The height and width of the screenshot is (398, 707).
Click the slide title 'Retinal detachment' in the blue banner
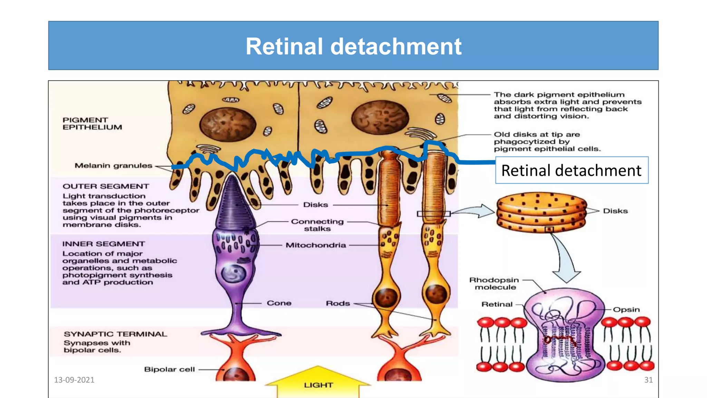[x=353, y=46]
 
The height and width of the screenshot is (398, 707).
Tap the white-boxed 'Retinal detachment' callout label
[x=571, y=170]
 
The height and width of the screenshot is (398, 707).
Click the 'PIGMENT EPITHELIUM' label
[x=92, y=124]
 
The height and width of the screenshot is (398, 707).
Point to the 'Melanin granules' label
[x=113, y=165]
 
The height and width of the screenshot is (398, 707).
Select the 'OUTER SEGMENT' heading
[x=106, y=186]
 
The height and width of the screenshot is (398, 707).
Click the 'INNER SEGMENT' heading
[x=104, y=244]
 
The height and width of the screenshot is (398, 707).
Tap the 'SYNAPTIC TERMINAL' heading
[x=115, y=334]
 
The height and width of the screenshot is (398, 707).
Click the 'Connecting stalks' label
[x=317, y=225]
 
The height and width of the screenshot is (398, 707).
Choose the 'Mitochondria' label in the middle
[x=316, y=245]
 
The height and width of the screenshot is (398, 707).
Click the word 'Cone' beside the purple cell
[x=279, y=303]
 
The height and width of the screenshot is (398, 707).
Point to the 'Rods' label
[x=338, y=303]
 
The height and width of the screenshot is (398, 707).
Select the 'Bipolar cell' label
[x=169, y=369]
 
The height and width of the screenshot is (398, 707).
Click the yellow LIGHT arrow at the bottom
[x=318, y=383]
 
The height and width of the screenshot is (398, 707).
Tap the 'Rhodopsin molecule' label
[x=494, y=284]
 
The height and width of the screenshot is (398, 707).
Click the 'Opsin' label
[x=626, y=310]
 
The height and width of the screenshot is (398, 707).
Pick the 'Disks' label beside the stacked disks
[x=615, y=211]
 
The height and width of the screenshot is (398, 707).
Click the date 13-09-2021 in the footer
[x=74, y=380]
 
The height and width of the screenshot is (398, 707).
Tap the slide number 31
[x=648, y=380]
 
